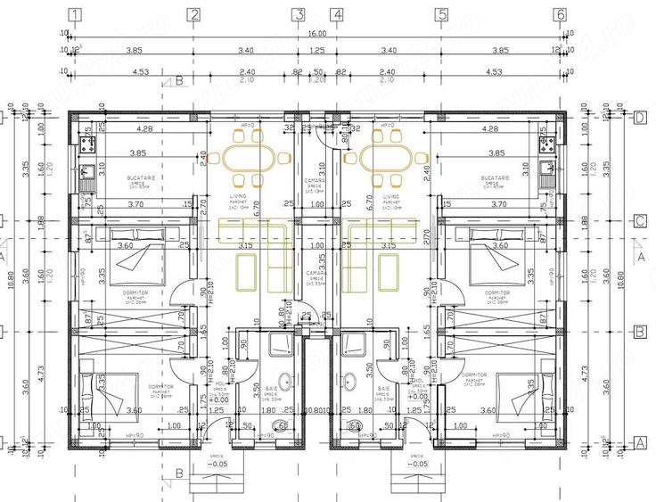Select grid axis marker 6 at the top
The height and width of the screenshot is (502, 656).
pyautogui.click(x=560, y=14)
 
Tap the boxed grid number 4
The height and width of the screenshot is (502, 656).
pyautogui.click(x=336, y=14)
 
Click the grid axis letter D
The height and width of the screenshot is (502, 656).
pyautogui.click(x=639, y=117)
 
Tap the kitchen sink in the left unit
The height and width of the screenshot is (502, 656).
pyautogui.click(x=87, y=174)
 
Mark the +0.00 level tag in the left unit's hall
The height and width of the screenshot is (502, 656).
pyautogui.click(x=219, y=400)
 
